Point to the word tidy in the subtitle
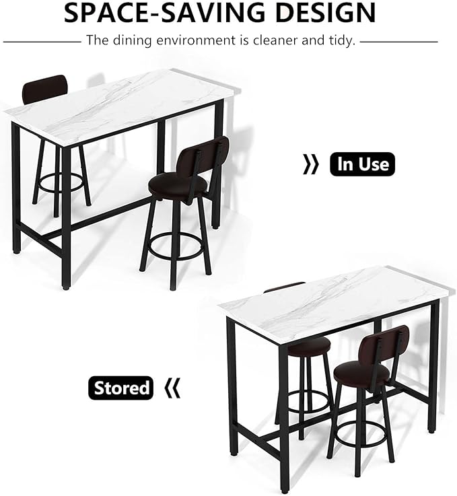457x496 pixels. click(x=341, y=40)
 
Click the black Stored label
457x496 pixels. click(x=121, y=388)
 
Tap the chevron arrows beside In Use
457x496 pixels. click(x=311, y=164)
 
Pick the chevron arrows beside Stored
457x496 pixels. click(x=173, y=388)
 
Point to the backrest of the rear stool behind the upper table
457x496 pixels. click(x=44, y=89)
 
